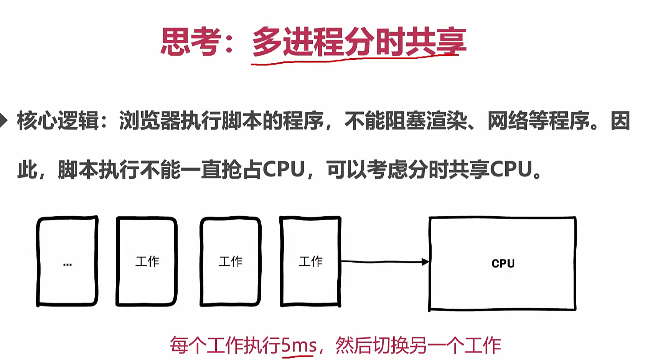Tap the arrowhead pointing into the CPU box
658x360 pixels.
tap(425, 262)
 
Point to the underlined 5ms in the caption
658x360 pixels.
tap(298, 346)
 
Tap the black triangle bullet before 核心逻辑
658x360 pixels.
tap(3, 120)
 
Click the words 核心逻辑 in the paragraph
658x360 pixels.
tap(58, 121)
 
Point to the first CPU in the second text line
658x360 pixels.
tap(284, 169)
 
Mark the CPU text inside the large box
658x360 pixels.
tap(503, 263)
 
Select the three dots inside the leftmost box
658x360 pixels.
tap(67, 264)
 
